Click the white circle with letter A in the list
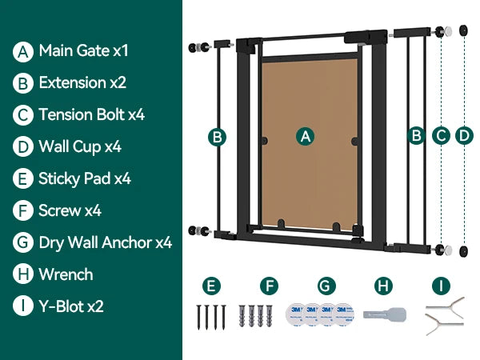coord(23,52)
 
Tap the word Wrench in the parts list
coord(66,274)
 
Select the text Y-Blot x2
coord(71,306)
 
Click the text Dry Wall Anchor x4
coord(106,242)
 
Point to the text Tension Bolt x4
coord(91,114)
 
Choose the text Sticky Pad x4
coord(85,178)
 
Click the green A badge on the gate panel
coord(306,136)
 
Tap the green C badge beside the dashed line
coord(441,135)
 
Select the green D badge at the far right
coord(464,135)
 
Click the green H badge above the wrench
coord(383,286)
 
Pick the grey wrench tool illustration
coord(385,314)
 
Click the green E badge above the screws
coord(211,286)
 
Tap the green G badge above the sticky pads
coord(326,286)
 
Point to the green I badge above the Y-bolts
coord(441,286)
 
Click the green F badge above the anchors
coord(269,286)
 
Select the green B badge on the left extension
coord(217,137)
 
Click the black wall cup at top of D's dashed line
coord(464,30)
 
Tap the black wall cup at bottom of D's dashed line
coord(464,251)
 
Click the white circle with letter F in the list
coord(23,210)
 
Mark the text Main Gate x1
coord(83,50)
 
